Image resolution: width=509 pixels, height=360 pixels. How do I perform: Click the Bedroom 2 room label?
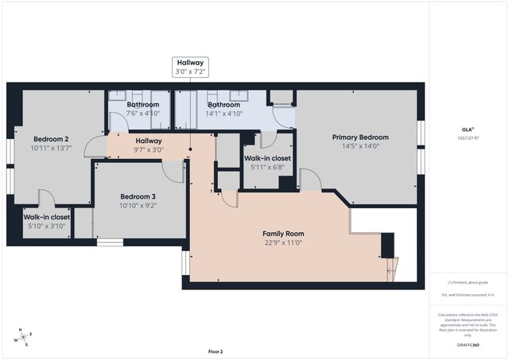pos(50,137)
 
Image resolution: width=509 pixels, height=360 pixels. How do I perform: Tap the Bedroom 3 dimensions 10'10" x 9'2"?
pos(138,207)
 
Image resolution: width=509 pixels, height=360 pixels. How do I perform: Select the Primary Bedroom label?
pos(360,137)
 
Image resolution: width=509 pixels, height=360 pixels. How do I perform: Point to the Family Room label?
pos(283,234)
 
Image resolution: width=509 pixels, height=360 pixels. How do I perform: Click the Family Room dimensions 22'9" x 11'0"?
pos(283,243)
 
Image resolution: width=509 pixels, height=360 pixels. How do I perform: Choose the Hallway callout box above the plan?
pos(190,67)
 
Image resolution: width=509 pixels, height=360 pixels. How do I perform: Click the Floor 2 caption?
pos(216,351)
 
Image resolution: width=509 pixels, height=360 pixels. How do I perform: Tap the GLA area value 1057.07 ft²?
pos(467,138)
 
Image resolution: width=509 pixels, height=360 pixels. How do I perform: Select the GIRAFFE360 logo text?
pos(468,345)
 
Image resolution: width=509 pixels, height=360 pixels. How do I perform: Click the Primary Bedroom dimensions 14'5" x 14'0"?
pos(360,146)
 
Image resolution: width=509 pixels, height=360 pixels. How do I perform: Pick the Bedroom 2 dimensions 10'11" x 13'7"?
pos(50,147)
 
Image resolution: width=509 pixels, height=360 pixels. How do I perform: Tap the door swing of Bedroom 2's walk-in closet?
pos(45,199)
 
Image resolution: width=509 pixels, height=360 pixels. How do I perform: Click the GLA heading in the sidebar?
pos(467,129)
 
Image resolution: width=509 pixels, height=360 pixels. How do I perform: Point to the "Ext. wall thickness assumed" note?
pos(468,295)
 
